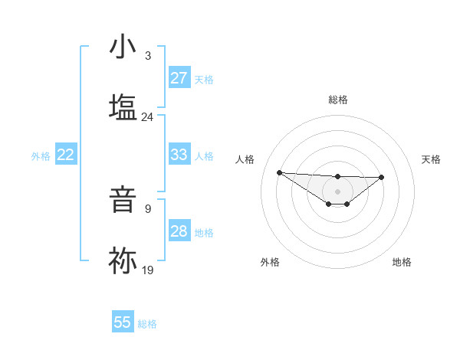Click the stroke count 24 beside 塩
point(147,117)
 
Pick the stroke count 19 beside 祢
point(147,270)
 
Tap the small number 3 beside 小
point(147,56)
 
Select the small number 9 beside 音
point(147,208)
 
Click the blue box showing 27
point(179,78)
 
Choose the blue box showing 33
point(179,155)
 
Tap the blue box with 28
point(179,231)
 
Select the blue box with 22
point(66,155)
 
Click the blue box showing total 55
point(123,322)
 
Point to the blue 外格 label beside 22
point(41,156)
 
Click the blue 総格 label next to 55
point(147,324)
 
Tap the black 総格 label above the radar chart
point(338,100)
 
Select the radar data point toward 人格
point(279,172)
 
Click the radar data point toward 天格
point(382,177)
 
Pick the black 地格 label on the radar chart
point(402,262)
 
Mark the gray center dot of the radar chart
point(337,191)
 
